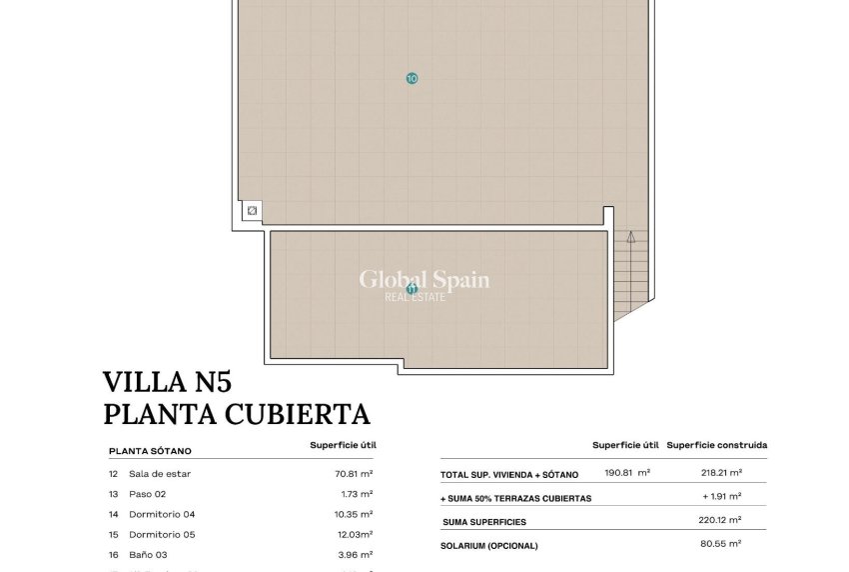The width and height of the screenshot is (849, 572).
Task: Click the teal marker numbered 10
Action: (412, 78)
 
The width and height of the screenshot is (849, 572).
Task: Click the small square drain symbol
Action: (253, 211)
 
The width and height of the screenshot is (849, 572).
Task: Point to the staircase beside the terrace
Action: (631, 274)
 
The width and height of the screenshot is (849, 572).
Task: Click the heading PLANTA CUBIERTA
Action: (237, 413)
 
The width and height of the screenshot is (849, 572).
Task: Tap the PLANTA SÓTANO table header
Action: (150, 451)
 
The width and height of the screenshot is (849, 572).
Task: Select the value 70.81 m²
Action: (354, 474)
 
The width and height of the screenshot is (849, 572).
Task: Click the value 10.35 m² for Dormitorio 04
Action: (354, 514)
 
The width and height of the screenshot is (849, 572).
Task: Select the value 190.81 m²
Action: (628, 473)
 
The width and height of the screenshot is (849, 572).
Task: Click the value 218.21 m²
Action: (721, 473)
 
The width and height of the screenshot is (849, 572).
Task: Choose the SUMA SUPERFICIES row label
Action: (484, 522)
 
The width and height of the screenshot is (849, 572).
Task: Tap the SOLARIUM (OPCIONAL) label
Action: (489, 546)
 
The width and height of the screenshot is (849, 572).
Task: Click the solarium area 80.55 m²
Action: (721, 545)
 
